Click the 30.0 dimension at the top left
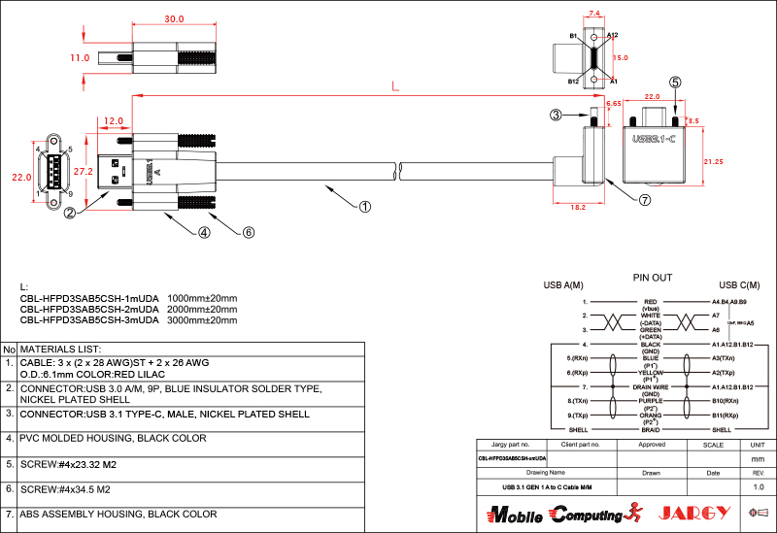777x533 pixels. click(x=174, y=19)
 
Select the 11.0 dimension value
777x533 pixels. click(x=80, y=58)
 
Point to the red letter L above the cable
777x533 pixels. click(x=394, y=86)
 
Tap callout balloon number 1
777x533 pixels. click(x=364, y=206)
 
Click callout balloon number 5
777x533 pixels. click(x=675, y=83)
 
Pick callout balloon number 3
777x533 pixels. click(x=556, y=116)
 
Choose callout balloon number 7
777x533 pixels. click(x=645, y=200)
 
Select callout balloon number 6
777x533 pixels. click(x=248, y=232)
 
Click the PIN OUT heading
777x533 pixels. click(x=652, y=278)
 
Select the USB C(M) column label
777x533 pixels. click(x=739, y=285)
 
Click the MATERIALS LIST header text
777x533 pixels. click(x=61, y=349)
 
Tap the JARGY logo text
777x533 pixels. click(x=693, y=513)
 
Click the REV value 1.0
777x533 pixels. click(x=759, y=486)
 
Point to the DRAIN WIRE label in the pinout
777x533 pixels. click(x=651, y=386)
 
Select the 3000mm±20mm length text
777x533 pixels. click(x=202, y=319)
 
